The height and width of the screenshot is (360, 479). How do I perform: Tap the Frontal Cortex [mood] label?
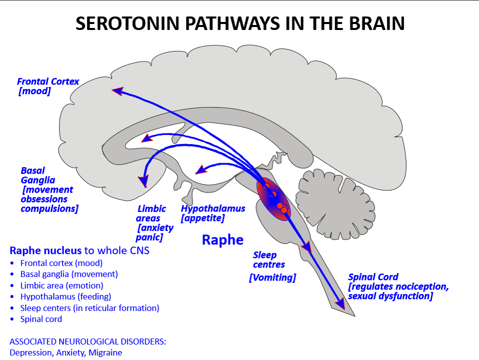coord(47,86)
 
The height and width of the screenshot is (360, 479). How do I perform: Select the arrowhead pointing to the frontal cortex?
coord(117,91)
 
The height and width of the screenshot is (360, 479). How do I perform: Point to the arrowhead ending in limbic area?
coord(144,180)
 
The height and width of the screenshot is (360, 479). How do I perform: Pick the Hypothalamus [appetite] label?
coord(213,213)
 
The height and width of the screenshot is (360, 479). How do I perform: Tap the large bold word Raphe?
coord(222,239)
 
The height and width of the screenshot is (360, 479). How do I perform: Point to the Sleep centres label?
coord(269,259)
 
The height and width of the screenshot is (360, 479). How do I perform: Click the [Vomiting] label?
coord(272,277)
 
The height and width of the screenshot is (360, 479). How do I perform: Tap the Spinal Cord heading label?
coord(373,277)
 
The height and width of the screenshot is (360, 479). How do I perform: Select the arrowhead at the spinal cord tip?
coord(340,303)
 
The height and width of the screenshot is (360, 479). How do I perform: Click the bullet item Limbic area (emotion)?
coord(61,285)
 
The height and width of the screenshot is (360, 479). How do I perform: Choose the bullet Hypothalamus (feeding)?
coord(65,296)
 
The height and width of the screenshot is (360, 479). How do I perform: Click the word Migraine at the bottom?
coord(105,352)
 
